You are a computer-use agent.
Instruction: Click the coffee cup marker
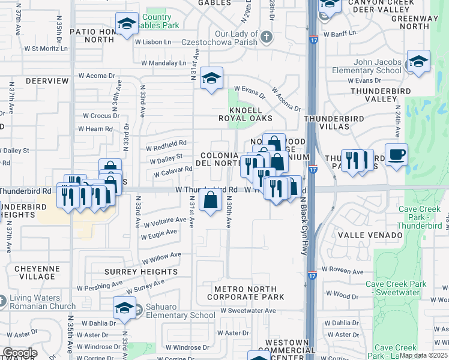(x=396, y=155)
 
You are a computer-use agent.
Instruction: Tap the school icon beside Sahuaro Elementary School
(x=124, y=308)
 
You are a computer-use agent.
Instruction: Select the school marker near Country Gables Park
(x=127, y=24)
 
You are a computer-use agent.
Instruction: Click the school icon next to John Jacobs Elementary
(x=418, y=61)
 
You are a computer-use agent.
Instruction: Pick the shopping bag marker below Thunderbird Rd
(x=211, y=200)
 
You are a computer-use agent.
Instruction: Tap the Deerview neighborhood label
(x=47, y=80)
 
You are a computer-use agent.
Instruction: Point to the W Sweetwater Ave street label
(x=249, y=311)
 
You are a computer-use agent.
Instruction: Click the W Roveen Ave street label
(x=342, y=271)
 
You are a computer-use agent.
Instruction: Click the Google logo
(x=19, y=353)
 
